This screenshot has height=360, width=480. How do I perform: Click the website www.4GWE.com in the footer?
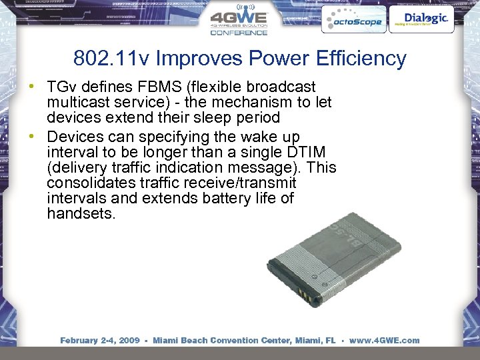coord(384,341)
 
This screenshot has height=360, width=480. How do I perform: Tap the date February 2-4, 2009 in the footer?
coord(100,341)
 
